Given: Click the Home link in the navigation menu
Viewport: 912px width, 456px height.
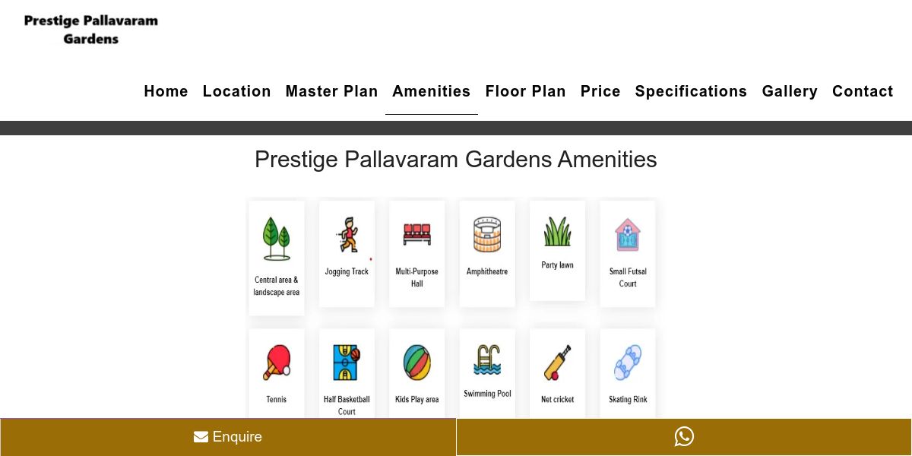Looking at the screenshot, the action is [x=166, y=91].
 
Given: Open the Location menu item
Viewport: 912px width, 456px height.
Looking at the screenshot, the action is [x=236, y=91].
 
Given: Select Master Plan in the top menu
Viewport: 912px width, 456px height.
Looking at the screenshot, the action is [x=331, y=91].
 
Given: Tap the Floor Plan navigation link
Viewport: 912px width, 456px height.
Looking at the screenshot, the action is [x=525, y=91].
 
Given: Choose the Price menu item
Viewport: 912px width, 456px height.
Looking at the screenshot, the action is [x=600, y=91].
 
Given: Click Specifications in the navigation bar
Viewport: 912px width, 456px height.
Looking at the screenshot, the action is [x=691, y=91].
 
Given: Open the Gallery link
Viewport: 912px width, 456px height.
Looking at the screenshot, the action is [x=790, y=91].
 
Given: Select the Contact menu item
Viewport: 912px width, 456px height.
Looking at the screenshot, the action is [x=863, y=91].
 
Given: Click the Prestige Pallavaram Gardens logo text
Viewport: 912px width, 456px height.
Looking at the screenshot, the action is [x=90, y=30].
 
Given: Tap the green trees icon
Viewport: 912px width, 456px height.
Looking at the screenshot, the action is [x=277, y=239].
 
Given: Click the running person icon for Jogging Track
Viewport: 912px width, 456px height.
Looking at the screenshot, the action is [x=347, y=235].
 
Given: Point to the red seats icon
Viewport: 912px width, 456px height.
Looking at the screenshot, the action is [x=417, y=234].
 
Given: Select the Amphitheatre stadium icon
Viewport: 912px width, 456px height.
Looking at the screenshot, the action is [x=487, y=235].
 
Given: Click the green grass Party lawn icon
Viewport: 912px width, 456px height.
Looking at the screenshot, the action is [x=557, y=231].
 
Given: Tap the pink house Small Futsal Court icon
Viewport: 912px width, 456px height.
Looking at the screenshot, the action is [x=628, y=235].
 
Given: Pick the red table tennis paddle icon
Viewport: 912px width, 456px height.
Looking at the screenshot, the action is [x=277, y=363].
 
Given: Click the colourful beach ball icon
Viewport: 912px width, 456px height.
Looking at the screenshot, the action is [x=417, y=363].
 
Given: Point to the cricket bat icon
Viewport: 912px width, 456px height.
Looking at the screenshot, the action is [x=557, y=363].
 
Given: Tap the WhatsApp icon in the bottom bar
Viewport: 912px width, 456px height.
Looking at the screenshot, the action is [x=684, y=436].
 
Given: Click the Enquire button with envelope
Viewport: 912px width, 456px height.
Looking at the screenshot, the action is [x=228, y=437].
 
